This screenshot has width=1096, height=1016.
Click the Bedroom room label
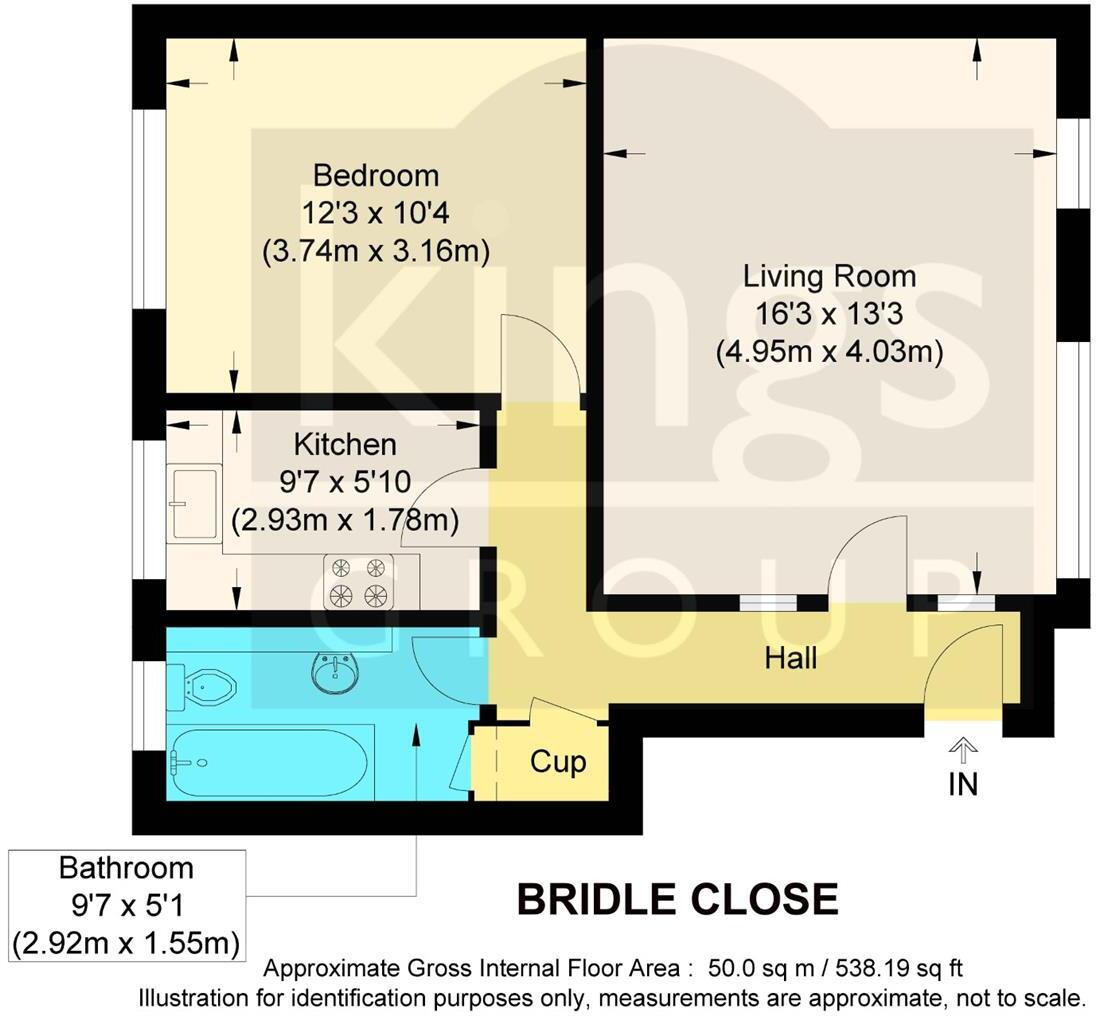376,176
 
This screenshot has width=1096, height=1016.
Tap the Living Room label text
829,276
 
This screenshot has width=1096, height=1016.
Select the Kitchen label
345,444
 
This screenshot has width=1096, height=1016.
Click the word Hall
791,658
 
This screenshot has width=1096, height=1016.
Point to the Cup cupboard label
557,762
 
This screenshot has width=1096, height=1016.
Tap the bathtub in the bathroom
270,762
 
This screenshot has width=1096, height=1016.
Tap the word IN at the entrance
963,784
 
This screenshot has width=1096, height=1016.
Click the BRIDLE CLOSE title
677,900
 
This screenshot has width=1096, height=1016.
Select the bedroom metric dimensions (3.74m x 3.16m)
376,251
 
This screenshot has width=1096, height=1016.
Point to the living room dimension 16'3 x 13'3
829,314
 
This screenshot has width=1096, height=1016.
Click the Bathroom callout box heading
126,867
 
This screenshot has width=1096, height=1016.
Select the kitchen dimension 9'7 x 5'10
345,482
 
